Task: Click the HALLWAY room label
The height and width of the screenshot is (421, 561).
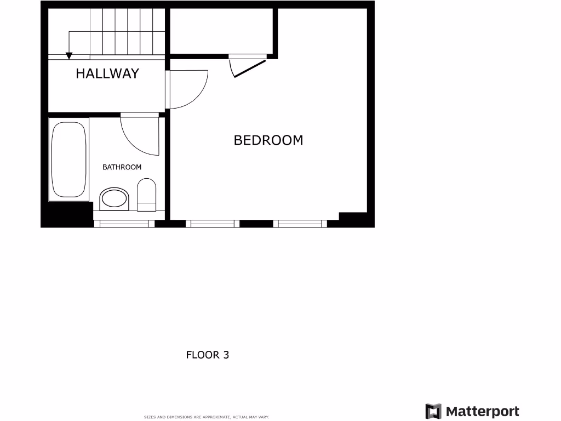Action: pyautogui.click(x=107, y=73)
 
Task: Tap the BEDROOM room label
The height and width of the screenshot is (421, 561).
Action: pyautogui.click(x=268, y=140)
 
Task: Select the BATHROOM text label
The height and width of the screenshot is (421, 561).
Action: pyautogui.click(x=122, y=167)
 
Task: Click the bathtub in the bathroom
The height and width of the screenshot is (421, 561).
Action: pyautogui.click(x=69, y=160)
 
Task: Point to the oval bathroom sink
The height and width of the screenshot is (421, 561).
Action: pyautogui.click(x=114, y=198)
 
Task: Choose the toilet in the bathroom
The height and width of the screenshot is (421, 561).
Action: pyautogui.click(x=146, y=197)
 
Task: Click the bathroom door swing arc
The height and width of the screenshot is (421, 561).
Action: pyautogui.click(x=140, y=136)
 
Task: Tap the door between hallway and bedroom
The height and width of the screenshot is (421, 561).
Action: pyautogui.click(x=187, y=89)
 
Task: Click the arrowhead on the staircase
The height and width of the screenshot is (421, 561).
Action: pyautogui.click(x=69, y=55)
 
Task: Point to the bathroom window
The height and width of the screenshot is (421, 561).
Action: pyautogui.click(x=124, y=223)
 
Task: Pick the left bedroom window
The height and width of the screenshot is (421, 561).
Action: pyautogui.click(x=213, y=223)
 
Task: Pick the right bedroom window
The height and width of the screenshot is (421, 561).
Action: pyautogui.click(x=300, y=223)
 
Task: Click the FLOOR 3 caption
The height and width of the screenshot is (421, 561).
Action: pyautogui.click(x=208, y=355)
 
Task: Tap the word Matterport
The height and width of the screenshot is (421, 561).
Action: pyautogui.click(x=483, y=411)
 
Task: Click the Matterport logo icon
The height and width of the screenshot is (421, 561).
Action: pyautogui.click(x=433, y=411)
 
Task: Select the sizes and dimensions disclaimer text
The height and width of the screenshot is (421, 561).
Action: pyautogui.click(x=207, y=417)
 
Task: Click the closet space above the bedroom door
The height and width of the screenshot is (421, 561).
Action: pyautogui.click(x=221, y=31)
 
